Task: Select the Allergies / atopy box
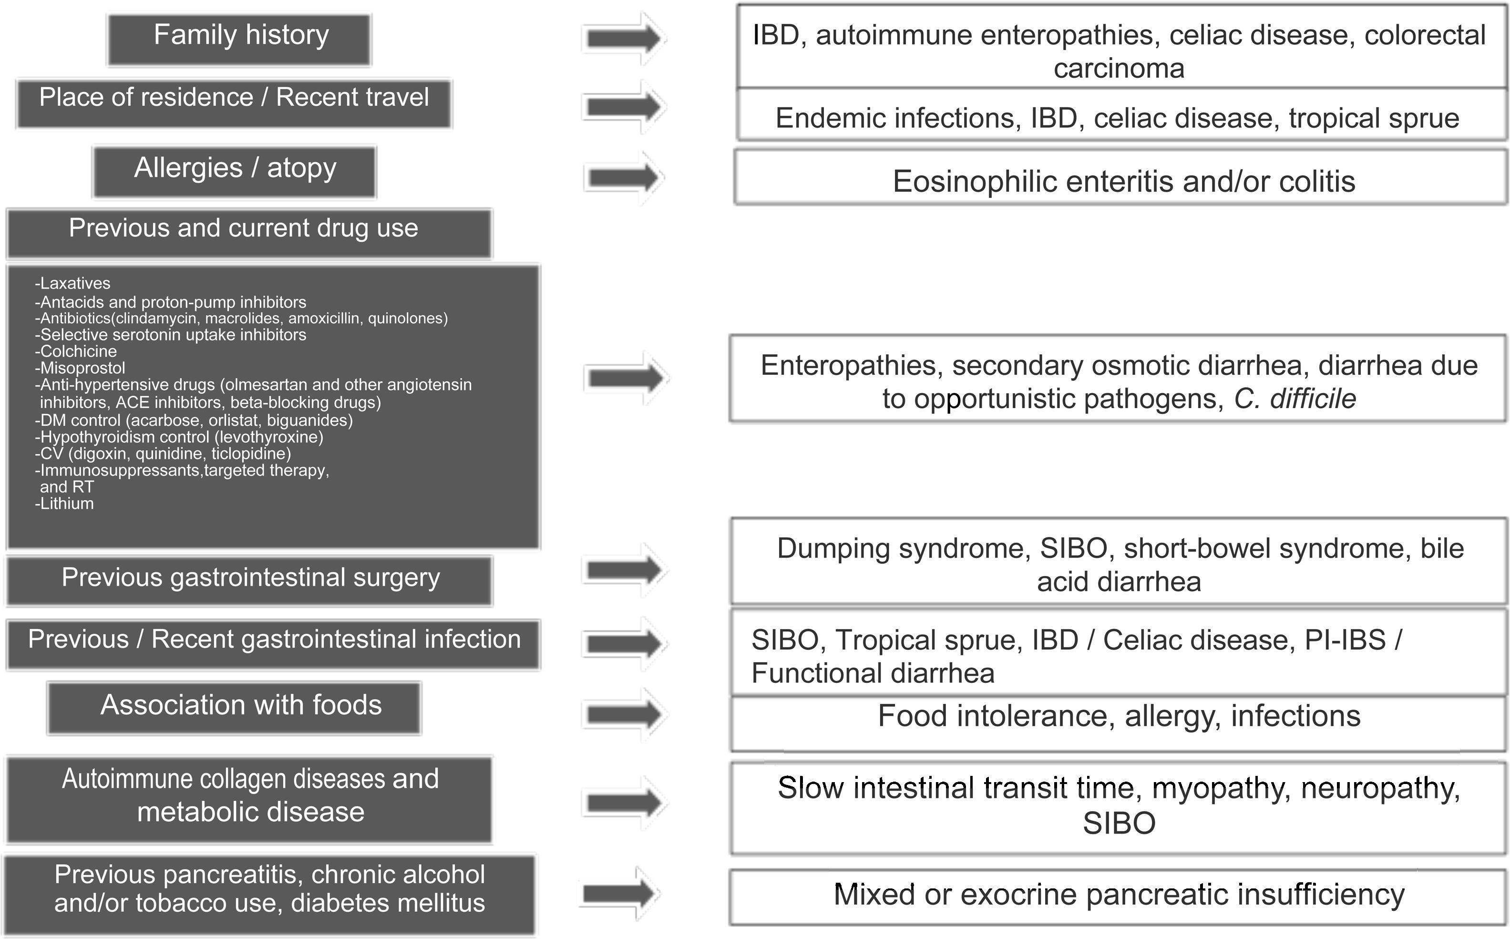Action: point(235,171)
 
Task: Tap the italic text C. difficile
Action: point(1294,399)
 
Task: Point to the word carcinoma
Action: point(1119,68)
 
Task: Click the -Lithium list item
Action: point(64,504)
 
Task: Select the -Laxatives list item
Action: point(72,283)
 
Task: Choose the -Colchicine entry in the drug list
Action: point(76,351)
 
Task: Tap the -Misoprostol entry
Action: point(80,368)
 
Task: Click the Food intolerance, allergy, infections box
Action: point(1119,723)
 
